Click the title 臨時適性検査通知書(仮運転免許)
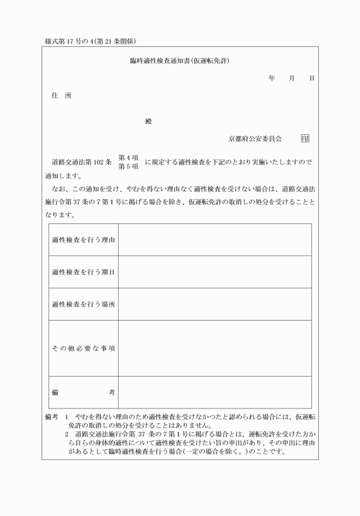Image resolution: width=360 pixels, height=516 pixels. click(180, 61)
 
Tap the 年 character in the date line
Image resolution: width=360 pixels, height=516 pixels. click(271, 78)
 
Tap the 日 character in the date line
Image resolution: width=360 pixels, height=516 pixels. click(311, 78)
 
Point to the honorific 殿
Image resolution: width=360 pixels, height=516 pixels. click(149, 122)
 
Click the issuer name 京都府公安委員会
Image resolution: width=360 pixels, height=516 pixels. click(255, 138)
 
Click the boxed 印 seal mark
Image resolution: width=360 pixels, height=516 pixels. click(305, 138)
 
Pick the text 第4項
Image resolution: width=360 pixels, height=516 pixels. click(129, 158)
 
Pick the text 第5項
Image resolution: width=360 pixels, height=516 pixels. click(129, 167)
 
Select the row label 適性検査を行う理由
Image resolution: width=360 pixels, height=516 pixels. click(83, 239)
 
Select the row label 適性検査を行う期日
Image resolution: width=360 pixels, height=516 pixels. click(83, 271)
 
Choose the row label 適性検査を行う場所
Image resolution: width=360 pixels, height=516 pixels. click(83, 304)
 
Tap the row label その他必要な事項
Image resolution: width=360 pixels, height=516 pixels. click(83, 349)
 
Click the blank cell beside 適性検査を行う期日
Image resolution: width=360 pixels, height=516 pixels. click(215, 271)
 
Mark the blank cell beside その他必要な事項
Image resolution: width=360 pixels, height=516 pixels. click(215, 349)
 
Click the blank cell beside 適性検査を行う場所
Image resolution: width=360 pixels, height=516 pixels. click(215, 304)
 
